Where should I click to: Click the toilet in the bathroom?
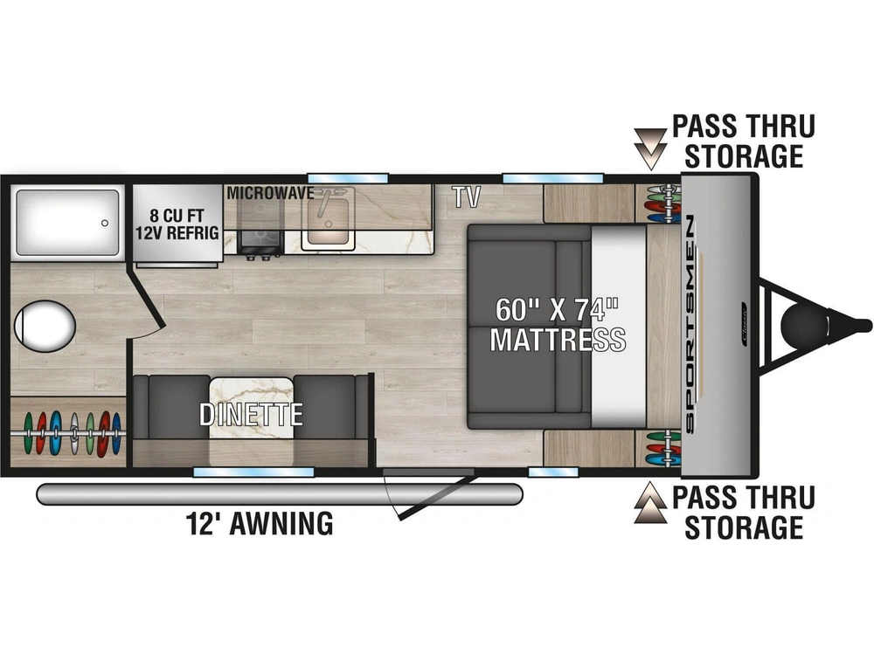(45, 327)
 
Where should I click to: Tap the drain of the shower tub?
(105, 223)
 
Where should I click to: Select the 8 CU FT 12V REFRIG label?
(177, 224)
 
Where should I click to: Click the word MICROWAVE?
(270, 193)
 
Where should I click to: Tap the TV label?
(466, 197)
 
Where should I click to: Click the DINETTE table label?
(251, 414)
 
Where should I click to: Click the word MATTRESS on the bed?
(558, 339)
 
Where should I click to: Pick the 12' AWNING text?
(260, 523)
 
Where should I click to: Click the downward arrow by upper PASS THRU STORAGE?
(650, 148)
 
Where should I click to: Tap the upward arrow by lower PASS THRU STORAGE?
(650, 503)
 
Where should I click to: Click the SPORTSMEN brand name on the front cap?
(690, 325)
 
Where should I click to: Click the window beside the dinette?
(253, 472)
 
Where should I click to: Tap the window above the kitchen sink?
(347, 178)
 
